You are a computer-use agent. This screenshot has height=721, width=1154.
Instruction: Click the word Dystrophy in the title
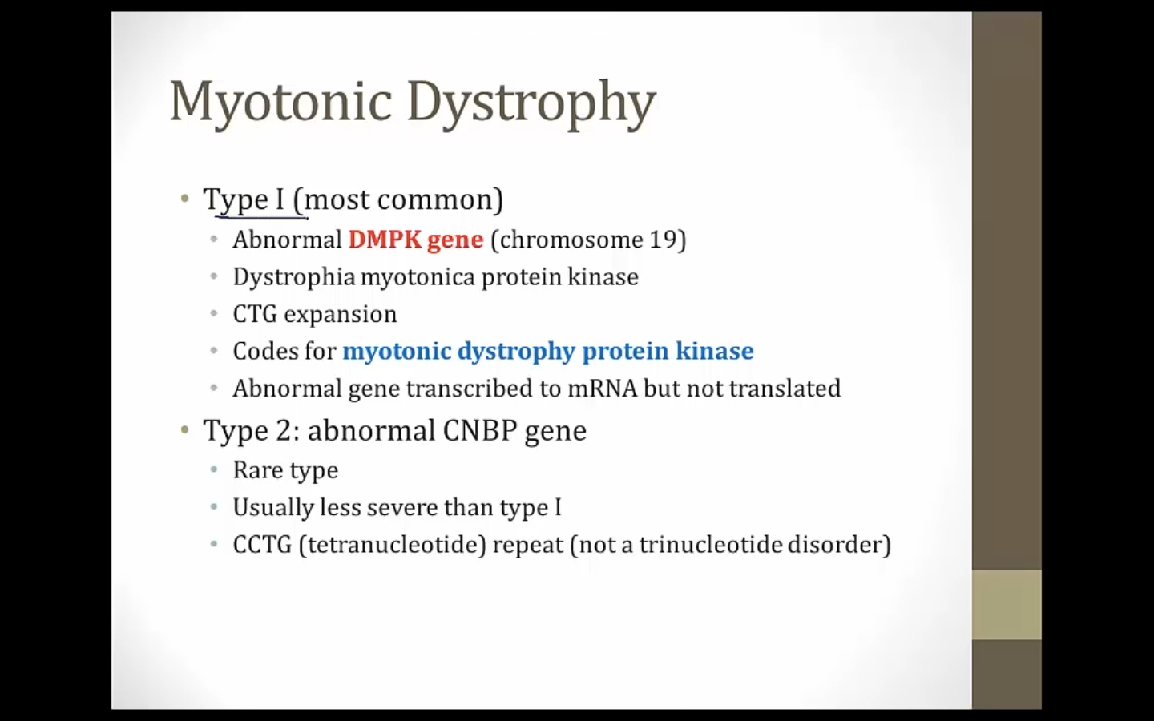pyautogui.click(x=531, y=104)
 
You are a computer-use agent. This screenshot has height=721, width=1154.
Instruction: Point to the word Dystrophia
pyautogui.click(x=294, y=277)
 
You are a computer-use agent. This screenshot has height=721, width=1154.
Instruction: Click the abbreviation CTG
pyautogui.click(x=255, y=314)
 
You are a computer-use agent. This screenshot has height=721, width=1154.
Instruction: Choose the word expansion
pyautogui.click(x=341, y=315)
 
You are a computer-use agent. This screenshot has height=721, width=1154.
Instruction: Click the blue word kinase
pyautogui.click(x=715, y=351)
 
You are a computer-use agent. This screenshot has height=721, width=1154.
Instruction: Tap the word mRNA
pyautogui.click(x=603, y=389)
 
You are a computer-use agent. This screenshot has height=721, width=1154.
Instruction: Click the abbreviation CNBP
pyautogui.click(x=479, y=430)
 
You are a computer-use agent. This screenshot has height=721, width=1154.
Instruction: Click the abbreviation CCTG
pyautogui.click(x=262, y=545)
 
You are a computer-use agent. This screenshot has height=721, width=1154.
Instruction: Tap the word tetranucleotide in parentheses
pyautogui.click(x=393, y=545)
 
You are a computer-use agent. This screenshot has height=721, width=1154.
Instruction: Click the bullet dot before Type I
pyautogui.click(x=185, y=199)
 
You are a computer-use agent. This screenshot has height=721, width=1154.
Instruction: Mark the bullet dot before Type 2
pyautogui.click(x=185, y=429)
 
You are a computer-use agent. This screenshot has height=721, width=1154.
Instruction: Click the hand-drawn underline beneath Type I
pyautogui.click(x=262, y=217)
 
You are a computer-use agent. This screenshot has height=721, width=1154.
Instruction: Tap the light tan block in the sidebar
pyautogui.click(x=1007, y=605)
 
